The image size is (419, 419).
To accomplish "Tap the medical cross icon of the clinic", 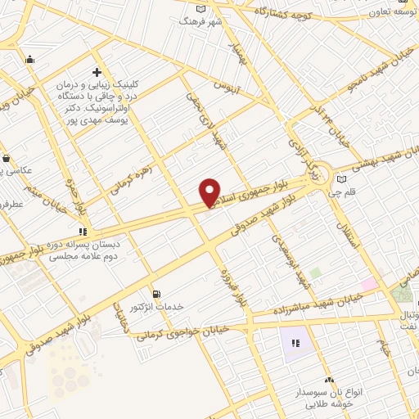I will (x=97, y=72).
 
